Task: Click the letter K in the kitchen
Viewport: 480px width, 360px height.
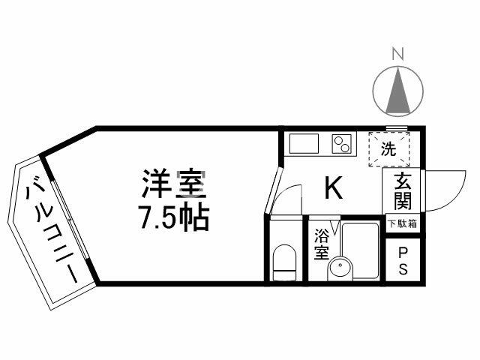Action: click(x=333, y=189)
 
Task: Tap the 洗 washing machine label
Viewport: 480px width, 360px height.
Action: click(x=388, y=148)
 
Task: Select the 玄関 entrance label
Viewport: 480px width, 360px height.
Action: click(x=402, y=191)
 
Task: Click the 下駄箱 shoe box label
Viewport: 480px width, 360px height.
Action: click(x=403, y=223)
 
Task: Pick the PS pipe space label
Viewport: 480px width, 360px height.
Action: click(x=403, y=261)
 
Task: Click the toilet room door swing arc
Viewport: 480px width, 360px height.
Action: click(x=286, y=196)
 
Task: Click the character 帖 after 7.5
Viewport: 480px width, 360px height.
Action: click(x=194, y=217)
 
